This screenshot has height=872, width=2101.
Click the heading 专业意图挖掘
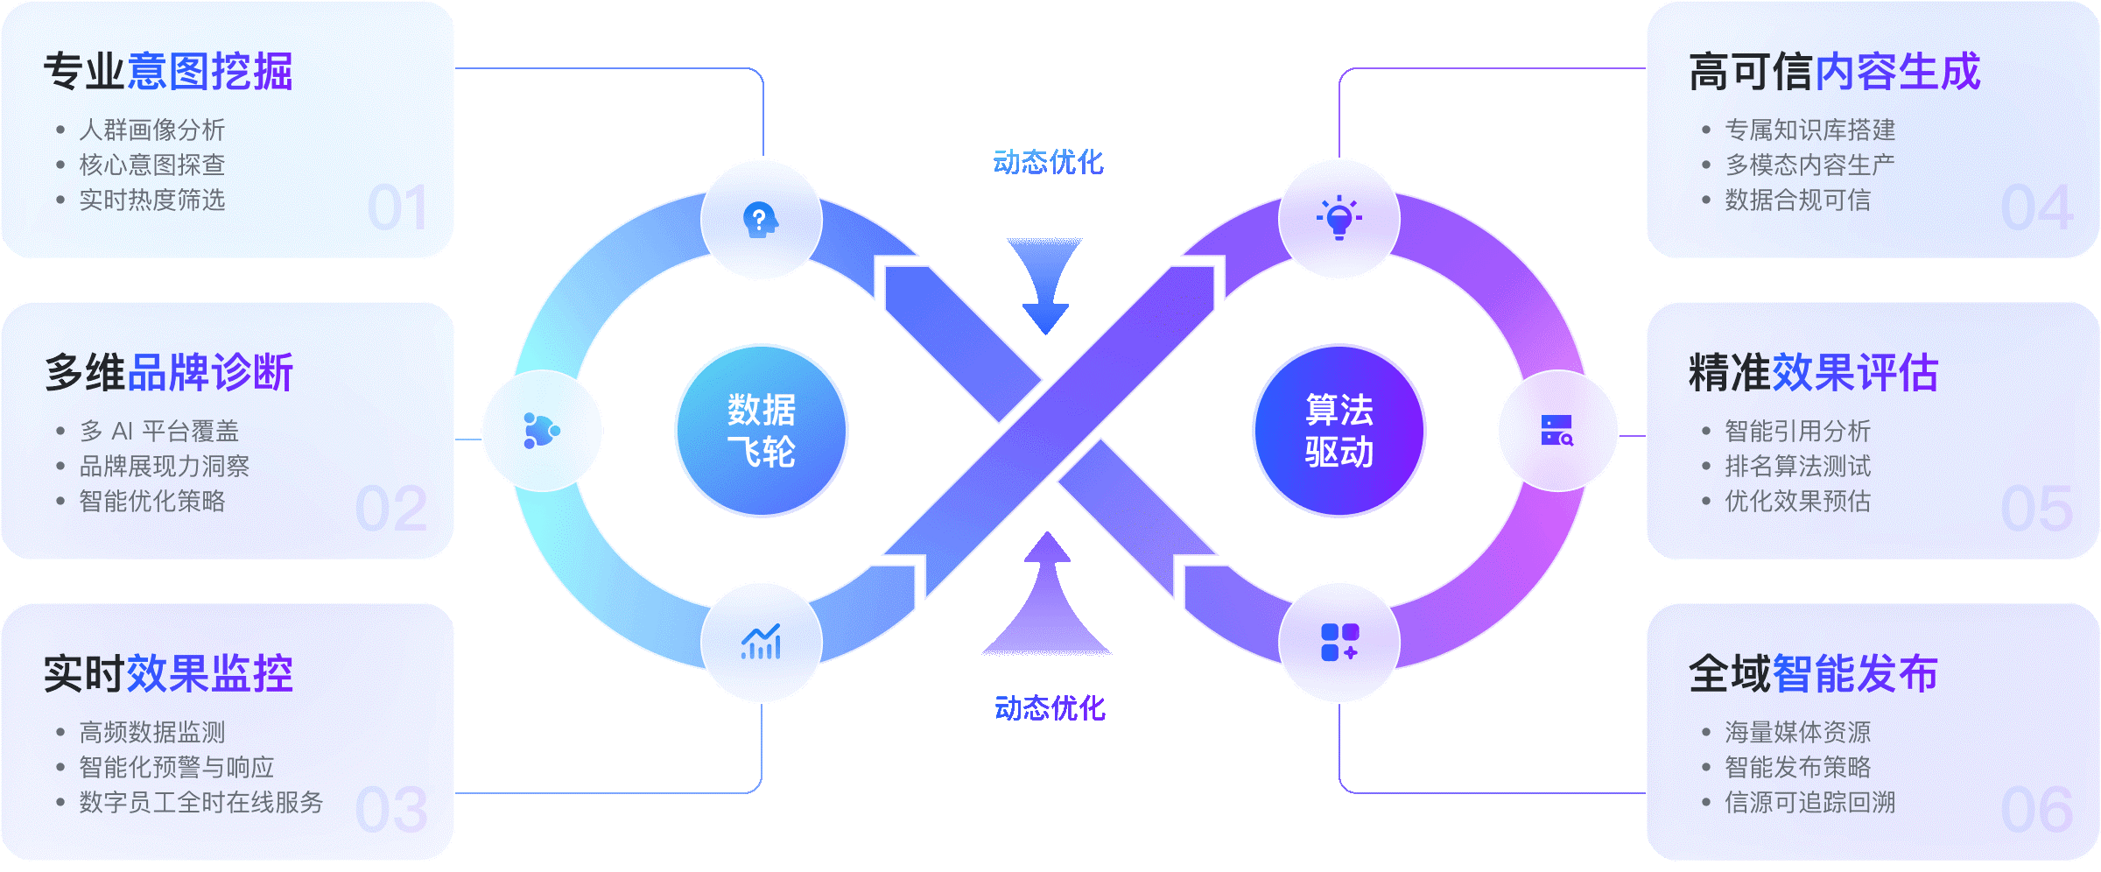tap(168, 72)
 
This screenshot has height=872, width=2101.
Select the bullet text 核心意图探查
tap(152, 165)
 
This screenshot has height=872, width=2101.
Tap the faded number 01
tap(398, 208)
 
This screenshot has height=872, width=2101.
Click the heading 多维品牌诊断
tap(169, 373)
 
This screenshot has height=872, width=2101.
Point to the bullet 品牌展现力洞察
tap(165, 466)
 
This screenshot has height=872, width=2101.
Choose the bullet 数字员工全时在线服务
tap(201, 802)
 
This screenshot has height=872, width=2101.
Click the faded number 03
tap(392, 811)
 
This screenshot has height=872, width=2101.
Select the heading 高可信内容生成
tap(1835, 72)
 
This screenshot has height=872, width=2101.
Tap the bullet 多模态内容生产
tap(1810, 165)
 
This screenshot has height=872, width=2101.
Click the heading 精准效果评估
tap(1814, 373)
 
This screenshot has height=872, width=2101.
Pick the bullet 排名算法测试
tap(1798, 466)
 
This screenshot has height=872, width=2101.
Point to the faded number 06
tap(2037, 811)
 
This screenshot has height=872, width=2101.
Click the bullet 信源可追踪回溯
tap(1810, 802)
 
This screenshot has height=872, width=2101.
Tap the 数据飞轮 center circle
tap(762, 431)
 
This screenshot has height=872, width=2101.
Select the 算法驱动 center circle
tap(1339, 431)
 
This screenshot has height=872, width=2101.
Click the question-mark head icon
tap(761, 220)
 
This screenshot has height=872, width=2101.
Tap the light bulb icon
tap(1339, 218)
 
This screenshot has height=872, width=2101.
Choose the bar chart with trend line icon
tap(761, 642)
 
